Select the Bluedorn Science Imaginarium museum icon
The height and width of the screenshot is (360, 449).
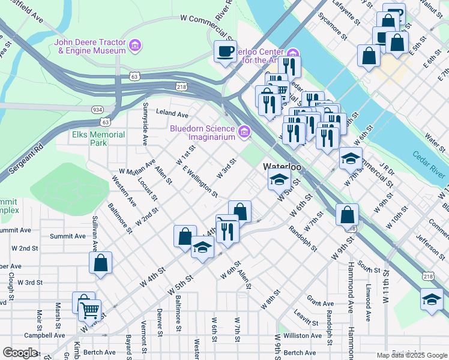click(x=244, y=132)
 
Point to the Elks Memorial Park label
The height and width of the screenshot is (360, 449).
click(x=99, y=139)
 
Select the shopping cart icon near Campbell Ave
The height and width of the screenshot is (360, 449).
click(x=89, y=310)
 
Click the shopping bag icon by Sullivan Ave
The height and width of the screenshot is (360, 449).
click(x=100, y=263)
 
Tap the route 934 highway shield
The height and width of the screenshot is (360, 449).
click(x=97, y=110)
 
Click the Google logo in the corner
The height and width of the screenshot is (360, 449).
click(x=20, y=352)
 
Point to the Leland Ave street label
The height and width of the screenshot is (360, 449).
click(x=172, y=113)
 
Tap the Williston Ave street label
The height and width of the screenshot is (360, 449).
click(x=303, y=335)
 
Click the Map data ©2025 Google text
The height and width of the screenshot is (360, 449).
click(x=411, y=355)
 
